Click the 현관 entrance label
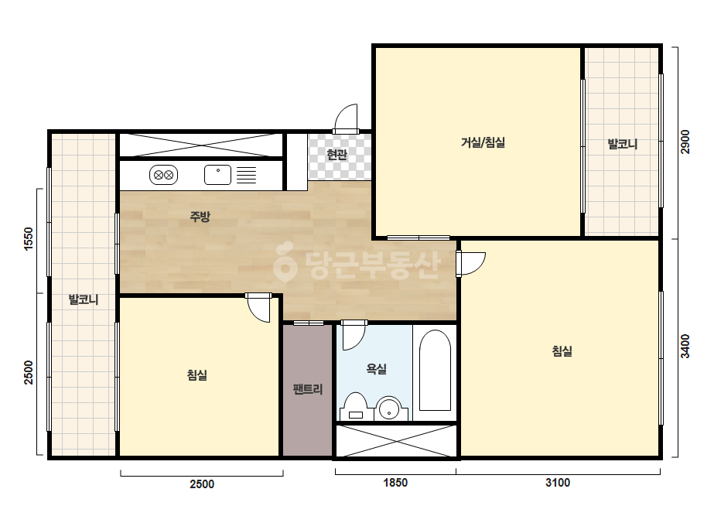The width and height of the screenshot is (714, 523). pyautogui.click(x=337, y=155)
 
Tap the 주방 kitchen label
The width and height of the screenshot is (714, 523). pyautogui.click(x=200, y=217)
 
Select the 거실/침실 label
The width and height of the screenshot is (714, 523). pyautogui.click(x=483, y=142)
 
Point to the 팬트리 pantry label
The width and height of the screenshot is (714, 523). pyautogui.click(x=308, y=389)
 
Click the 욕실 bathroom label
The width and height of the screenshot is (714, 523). pyautogui.click(x=377, y=368)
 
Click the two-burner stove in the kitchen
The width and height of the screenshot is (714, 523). pyautogui.click(x=163, y=175)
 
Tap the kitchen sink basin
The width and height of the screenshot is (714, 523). pyautogui.click(x=217, y=175)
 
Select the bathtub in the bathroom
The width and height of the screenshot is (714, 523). pyautogui.click(x=435, y=371)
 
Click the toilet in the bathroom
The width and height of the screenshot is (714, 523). pyautogui.click(x=355, y=407)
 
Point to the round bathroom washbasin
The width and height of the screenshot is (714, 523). pyautogui.click(x=389, y=408)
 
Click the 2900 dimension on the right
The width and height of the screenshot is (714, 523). pyautogui.click(x=685, y=142)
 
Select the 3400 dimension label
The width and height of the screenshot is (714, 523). pyautogui.click(x=685, y=347)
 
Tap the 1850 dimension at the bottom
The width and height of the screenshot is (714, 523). pyautogui.click(x=395, y=483)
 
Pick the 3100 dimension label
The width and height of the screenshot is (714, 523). pyautogui.click(x=558, y=483)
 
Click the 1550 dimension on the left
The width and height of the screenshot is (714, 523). pyautogui.click(x=28, y=239)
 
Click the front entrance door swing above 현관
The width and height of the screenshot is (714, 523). pyautogui.click(x=346, y=118)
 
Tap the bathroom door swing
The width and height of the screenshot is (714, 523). pyautogui.click(x=354, y=335)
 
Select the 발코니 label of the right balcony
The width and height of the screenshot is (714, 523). pyautogui.click(x=623, y=145)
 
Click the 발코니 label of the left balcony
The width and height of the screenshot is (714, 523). pyautogui.click(x=84, y=299)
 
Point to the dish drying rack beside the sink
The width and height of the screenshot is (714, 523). pyautogui.click(x=246, y=175)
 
